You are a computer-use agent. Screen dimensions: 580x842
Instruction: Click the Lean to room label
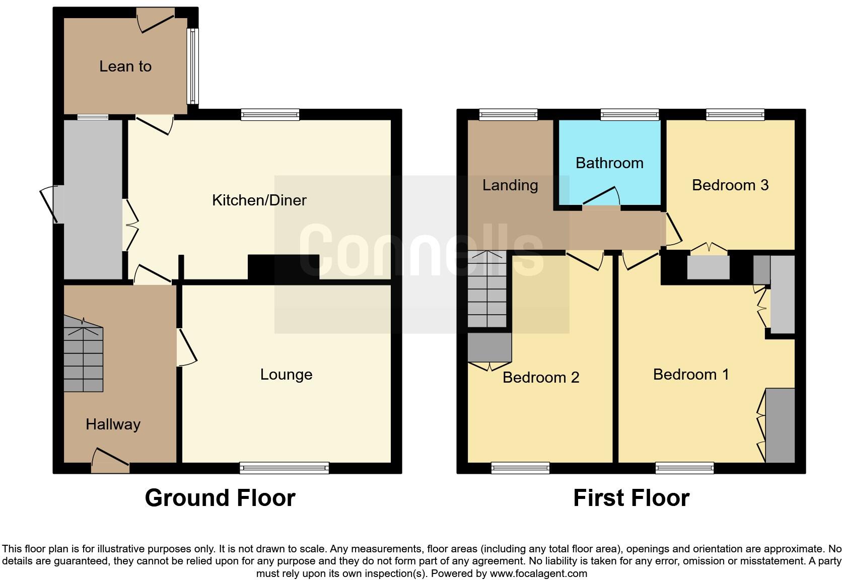pyautogui.click(x=125, y=66)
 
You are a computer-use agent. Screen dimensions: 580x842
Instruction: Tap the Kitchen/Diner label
pyautogui.click(x=259, y=200)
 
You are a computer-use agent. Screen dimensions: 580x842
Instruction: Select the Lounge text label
pyautogui.click(x=286, y=375)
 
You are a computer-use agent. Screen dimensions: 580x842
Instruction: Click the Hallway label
pyautogui.click(x=113, y=424)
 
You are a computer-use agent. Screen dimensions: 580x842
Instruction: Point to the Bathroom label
pyautogui.click(x=609, y=163)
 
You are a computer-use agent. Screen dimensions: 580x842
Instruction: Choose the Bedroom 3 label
pyautogui.click(x=730, y=185)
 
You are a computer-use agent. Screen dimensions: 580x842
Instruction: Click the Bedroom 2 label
pyautogui.click(x=541, y=378)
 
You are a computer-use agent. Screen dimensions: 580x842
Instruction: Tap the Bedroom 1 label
pyautogui.click(x=691, y=375)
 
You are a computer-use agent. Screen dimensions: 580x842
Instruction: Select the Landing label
pyautogui.click(x=510, y=185)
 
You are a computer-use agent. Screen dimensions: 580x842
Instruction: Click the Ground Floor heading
pyautogui.click(x=220, y=498)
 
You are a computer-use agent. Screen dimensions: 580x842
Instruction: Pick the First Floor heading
pyautogui.click(x=631, y=498)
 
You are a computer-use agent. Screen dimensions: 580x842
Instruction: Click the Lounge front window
pyautogui.click(x=284, y=468)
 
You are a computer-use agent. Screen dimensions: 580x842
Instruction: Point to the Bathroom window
pyautogui.click(x=629, y=115)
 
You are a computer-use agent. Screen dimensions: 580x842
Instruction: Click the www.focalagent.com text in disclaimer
pyautogui.click(x=538, y=573)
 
